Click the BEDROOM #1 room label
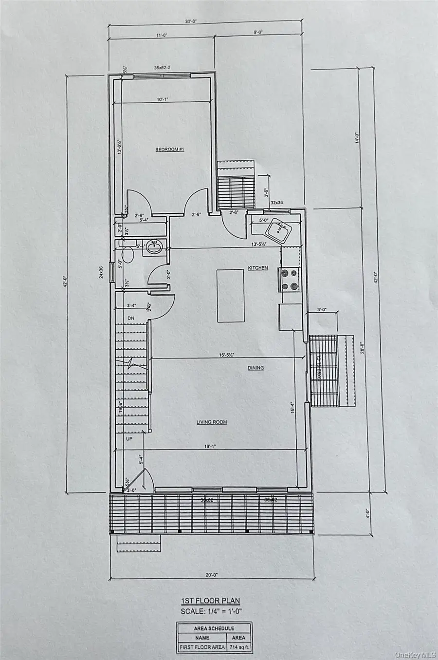(x=169, y=150)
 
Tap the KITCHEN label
(x=257, y=268)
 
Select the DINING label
(x=255, y=368)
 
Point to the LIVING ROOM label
(x=212, y=422)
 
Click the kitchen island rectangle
(x=230, y=295)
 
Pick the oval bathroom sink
(x=155, y=247)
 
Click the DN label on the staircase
(x=130, y=318)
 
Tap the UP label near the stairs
(x=129, y=438)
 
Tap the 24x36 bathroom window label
(x=101, y=271)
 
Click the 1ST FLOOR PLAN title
(x=211, y=601)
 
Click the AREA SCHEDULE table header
(x=214, y=628)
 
